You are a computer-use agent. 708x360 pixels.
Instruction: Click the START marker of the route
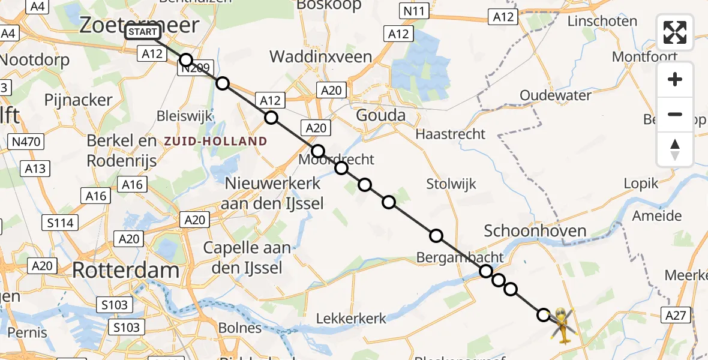click(x=143, y=32)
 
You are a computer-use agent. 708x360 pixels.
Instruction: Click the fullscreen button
click(x=675, y=32)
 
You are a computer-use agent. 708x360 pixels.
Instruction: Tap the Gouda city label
click(x=380, y=115)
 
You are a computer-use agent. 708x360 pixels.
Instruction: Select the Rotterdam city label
click(x=125, y=270)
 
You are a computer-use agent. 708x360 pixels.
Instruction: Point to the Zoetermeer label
click(x=140, y=25)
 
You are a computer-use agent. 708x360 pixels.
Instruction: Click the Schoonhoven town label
click(x=535, y=231)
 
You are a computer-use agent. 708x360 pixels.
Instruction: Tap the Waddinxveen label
click(x=321, y=57)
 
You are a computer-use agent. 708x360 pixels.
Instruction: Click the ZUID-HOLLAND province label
click(x=215, y=142)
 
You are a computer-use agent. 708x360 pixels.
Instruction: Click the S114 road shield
click(x=61, y=223)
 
